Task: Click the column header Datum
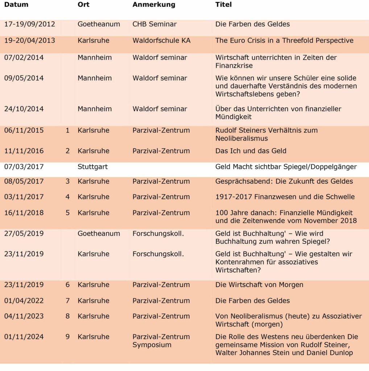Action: [16, 5]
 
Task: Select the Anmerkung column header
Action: [154, 5]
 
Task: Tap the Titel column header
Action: [223, 5]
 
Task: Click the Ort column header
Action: [83, 5]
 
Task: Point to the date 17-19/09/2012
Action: [30, 24]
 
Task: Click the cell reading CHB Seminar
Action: [154, 24]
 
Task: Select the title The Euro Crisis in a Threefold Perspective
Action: [284, 40]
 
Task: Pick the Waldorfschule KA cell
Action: [161, 40]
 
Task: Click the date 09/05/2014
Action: [24, 78]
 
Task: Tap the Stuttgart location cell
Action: [92, 167]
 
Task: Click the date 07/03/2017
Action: [24, 167]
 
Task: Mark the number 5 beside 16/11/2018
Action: [68, 213]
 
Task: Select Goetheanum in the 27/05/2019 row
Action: [99, 233]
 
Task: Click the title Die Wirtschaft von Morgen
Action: [259, 285]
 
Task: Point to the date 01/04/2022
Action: [24, 300]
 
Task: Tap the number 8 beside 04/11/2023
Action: [68, 316]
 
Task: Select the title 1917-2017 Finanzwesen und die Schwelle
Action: [285, 197]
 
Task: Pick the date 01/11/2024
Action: [24, 337]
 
